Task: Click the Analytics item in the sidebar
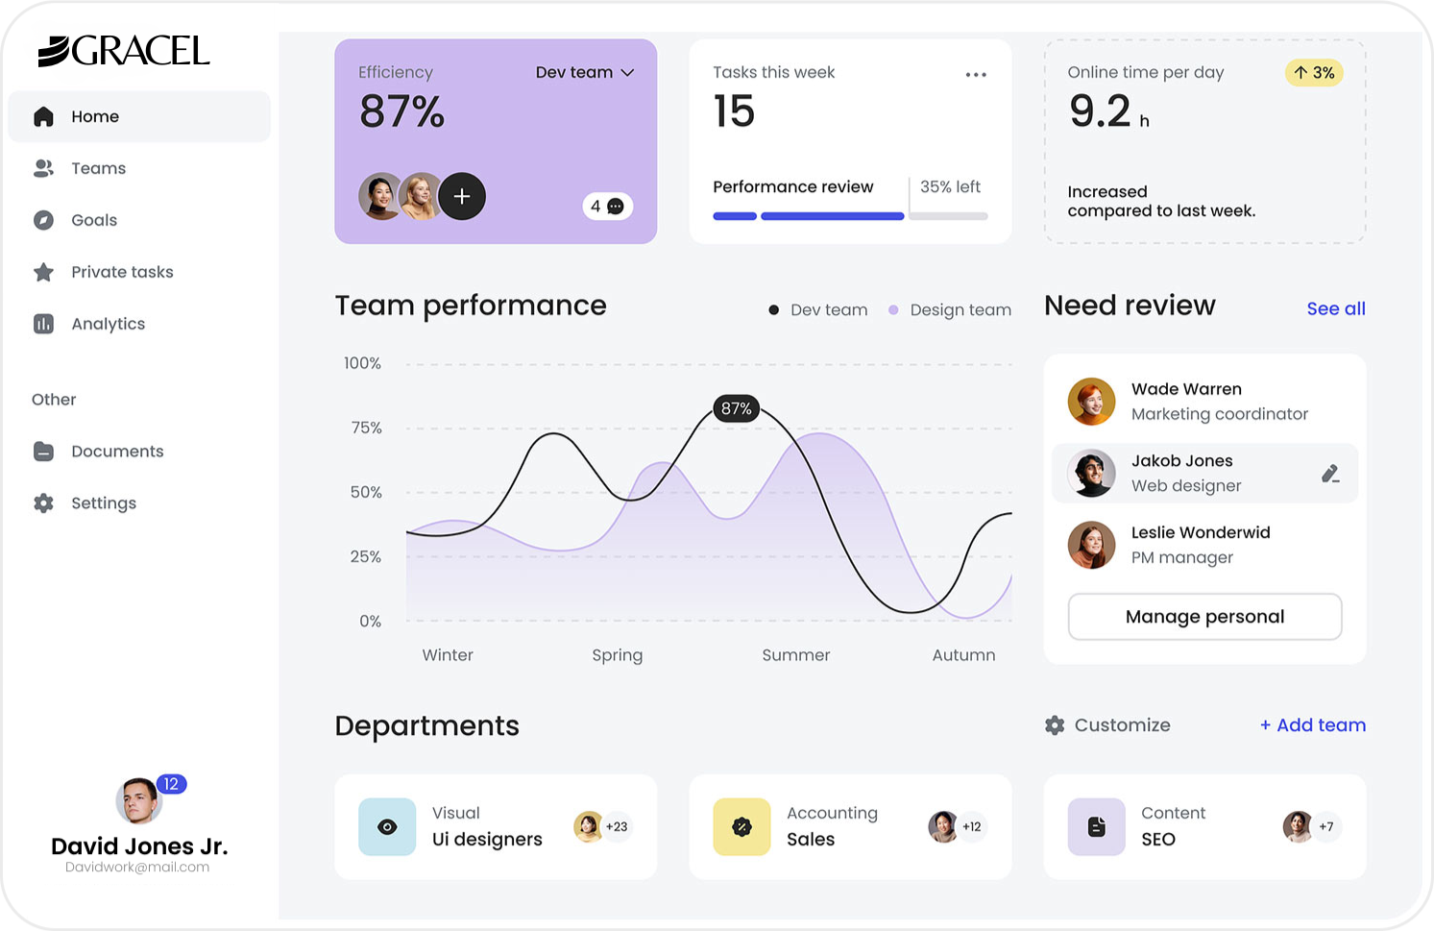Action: tap(107, 324)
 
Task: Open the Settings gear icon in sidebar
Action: tap(43, 502)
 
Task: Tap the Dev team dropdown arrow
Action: tap(628, 73)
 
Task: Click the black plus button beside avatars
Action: tap(462, 196)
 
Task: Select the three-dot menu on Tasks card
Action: tap(976, 74)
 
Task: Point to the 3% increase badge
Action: tap(1313, 73)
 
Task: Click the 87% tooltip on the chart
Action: tap(737, 408)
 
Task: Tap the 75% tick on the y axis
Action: tap(366, 428)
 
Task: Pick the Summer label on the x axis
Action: tap(795, 655)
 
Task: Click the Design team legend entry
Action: tap(950, 310)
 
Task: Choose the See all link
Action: tap(1335, 308)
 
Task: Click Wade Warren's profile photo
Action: tap(1091, 402)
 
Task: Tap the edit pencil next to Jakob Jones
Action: tap(1330, 473)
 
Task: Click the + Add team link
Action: tap(1312, 725)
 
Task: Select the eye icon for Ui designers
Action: tap(387, 826)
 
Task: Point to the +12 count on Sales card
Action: tap(972, 826)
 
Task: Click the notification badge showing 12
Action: tap(171, 784)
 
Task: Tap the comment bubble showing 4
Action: tap(607, 206)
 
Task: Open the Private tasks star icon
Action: tap(43, 272)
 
